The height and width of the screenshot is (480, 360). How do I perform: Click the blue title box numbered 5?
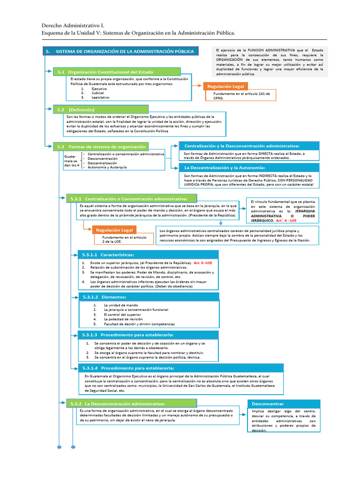pos(120,51)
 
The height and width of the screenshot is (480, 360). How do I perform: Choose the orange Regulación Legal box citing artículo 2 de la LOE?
pos(114,230)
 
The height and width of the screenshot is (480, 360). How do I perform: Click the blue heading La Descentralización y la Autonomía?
pos(248,167)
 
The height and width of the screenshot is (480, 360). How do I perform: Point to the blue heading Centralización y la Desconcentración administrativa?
pos(248,146)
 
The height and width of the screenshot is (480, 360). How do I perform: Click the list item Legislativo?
pos(100,97)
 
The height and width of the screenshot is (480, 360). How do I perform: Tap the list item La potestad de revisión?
pos(121,319)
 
